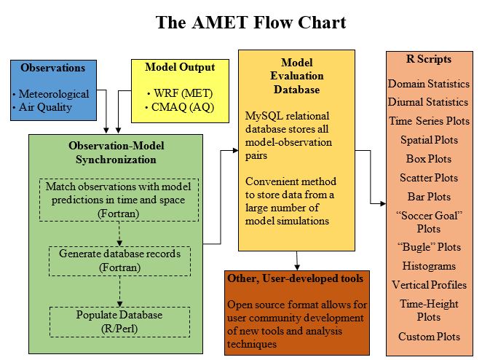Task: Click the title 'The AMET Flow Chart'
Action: tap(250, 22)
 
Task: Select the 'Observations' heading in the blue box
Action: tap(52, 68)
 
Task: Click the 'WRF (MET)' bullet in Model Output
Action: tap(179, 94)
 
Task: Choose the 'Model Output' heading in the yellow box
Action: tap(179, 67)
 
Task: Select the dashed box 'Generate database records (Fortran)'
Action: tap(119, 260)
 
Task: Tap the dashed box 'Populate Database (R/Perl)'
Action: tap(119, 321)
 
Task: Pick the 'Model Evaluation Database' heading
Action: tap(297, 75)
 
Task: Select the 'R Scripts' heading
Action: tap(428, 59)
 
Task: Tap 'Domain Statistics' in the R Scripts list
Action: tap(428, 84)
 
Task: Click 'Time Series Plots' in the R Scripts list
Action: tap(429, 121)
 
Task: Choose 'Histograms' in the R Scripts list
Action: tap(429, 266)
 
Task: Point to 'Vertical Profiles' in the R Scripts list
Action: tap(429, 284)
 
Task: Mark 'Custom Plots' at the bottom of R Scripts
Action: tap(429, 337)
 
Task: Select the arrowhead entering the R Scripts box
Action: tap(382, 202)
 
